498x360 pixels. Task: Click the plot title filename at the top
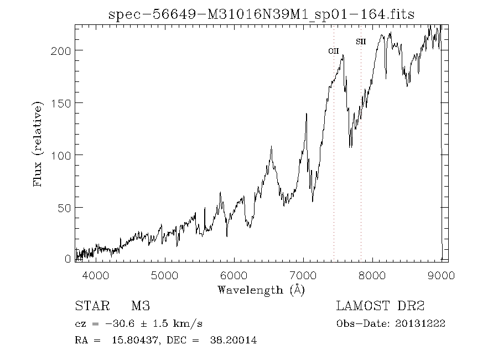262,14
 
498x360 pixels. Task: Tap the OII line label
333,51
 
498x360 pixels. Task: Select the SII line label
360,42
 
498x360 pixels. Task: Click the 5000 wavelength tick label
165,275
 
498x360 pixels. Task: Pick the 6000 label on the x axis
234,275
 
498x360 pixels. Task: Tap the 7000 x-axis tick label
303,275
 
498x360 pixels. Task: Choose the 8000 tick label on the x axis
372,275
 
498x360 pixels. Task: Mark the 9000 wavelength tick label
441,275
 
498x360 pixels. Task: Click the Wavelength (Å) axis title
261,290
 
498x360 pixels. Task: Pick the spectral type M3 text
140,306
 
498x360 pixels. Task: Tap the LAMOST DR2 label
380,306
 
